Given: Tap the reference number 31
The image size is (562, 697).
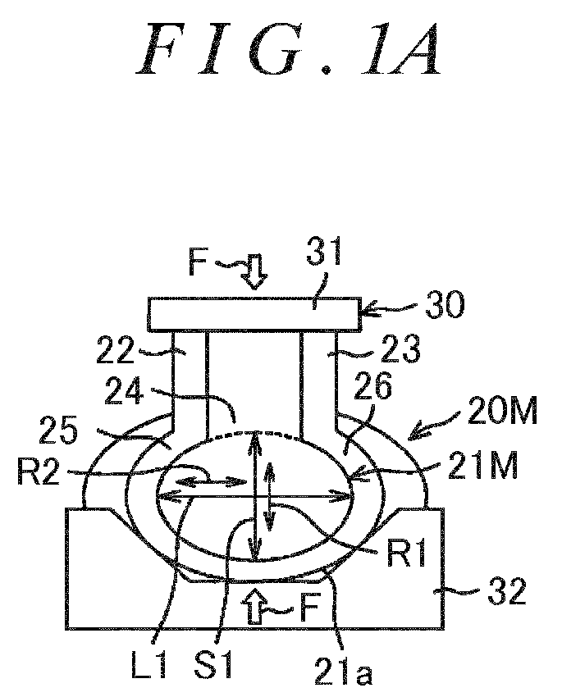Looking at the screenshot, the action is [324, 252].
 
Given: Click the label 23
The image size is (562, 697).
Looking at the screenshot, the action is [400, 349].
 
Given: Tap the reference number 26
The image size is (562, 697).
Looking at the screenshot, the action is [372, 385].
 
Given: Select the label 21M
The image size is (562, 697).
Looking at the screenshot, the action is [483, 466].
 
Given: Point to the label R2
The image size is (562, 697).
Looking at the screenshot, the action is [39, 471].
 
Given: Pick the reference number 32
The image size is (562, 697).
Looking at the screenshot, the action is [507, 590].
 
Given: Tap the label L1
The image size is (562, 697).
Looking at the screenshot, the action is [149, 664].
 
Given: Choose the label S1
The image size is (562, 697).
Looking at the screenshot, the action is [213, 664].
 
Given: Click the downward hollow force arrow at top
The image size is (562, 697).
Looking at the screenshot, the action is [256, 271].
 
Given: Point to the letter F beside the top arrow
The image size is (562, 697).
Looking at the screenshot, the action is [198, 263].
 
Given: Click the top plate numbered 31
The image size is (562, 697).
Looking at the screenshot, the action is [253, 314].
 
